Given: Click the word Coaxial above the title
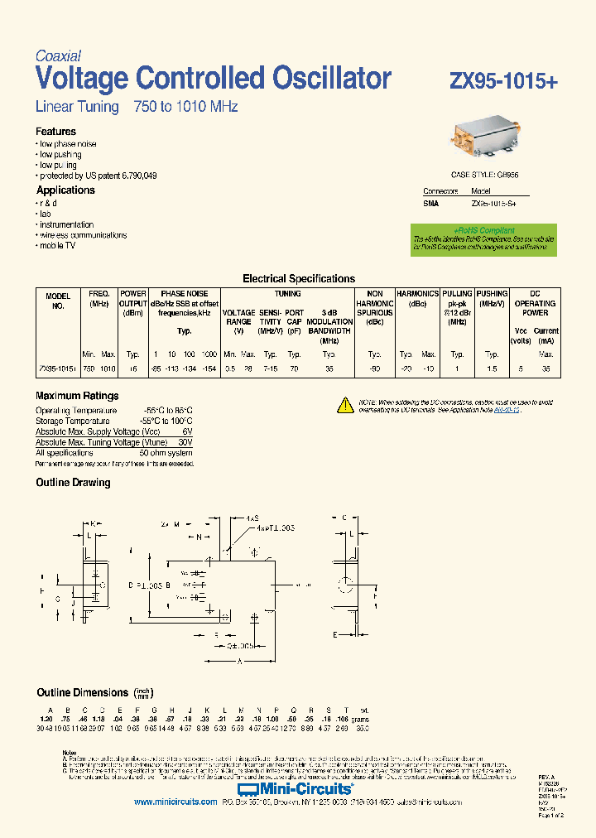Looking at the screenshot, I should pyautogui.click(x=58, y=56).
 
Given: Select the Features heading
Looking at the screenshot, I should pyautogui.click(x=55, y=132).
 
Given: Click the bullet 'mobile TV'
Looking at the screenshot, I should pyautogui.click(x=57, y=246).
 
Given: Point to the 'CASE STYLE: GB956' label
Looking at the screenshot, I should pyautogui.click(x=483, y=176).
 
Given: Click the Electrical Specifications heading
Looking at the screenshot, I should pyautogui.click(x=298, y=279).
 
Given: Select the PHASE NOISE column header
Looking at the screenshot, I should pyautogui.click(x=185, y=294).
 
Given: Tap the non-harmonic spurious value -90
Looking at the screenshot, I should pyautogui.click(x=374, y=368).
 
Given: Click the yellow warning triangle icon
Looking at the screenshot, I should pyautogui.click(x=345, y=405).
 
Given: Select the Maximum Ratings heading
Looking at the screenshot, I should pyautogui.click(x=77, y=396).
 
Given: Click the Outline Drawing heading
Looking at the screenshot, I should pyautogui.click(x=73, y=483).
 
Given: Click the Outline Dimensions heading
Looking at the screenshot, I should pyautogui.click(x=82, y=692).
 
